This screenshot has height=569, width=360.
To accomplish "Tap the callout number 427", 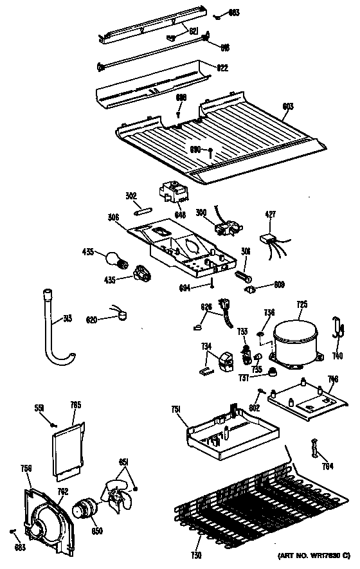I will click(x=270, y=217).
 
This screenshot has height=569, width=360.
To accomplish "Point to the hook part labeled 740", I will click(x=336, y=327).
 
